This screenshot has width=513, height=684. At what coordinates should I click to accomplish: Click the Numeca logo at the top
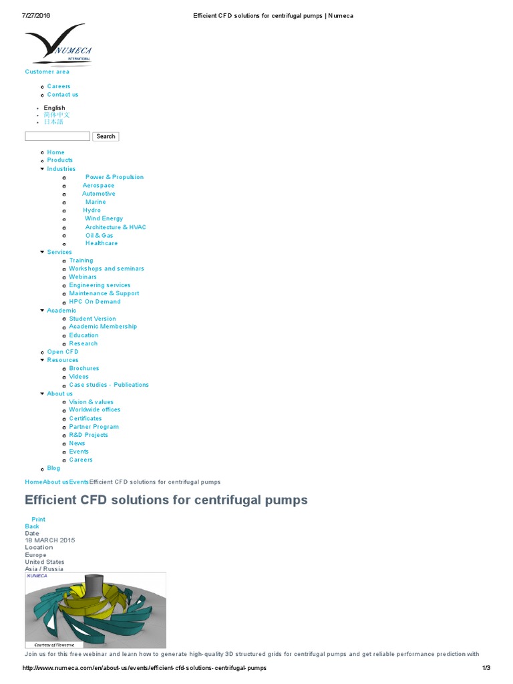[57, 45]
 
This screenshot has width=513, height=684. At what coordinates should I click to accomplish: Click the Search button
[106, 136]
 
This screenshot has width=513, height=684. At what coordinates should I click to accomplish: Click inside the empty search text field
[57, 136]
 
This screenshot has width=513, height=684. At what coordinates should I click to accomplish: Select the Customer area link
[47, 72]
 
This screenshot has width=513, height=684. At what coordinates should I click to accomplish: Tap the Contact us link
[63, 95]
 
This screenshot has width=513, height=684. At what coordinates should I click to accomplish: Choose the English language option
[55, 108]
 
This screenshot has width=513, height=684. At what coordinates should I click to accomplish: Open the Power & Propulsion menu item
[114, 178]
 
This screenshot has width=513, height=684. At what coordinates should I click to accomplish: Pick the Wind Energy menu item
[104, 218]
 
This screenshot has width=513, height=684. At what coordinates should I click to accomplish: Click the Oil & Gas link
[99, 236]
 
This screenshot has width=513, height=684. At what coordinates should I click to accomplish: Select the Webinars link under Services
[83, 277]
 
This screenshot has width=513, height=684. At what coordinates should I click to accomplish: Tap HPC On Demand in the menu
[95, 302]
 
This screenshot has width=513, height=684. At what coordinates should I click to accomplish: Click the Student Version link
[92, 319]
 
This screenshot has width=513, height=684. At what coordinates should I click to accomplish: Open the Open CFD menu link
[63, 352]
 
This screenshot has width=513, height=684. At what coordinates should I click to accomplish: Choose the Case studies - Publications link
[109, 385]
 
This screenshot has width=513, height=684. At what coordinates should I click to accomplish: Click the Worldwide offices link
[95, 410]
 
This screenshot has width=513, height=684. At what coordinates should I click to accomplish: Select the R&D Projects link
[88, 435]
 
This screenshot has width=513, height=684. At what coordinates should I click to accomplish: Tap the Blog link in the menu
[53, 468]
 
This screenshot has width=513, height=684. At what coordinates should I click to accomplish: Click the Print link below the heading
[39, 520]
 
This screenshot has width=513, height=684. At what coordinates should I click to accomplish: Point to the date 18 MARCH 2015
[50, 540]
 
